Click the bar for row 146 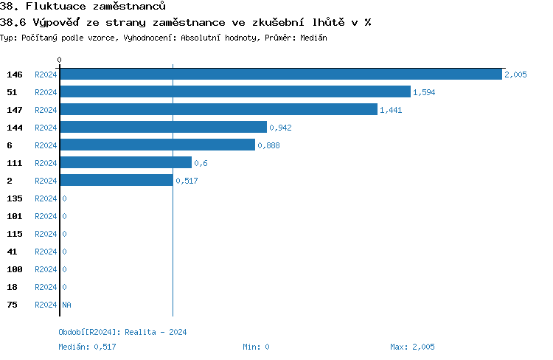280,75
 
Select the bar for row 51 234,92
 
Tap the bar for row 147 218,110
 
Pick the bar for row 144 163,128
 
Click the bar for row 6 157,145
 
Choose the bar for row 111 125,163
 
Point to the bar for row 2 116,181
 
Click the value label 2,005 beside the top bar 515,75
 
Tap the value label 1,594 424,92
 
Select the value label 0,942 280,128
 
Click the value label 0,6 201,163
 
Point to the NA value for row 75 66,305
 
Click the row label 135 14,198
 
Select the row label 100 14,269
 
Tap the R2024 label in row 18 46,287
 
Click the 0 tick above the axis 60,59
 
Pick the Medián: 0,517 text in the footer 87,347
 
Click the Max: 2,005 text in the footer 412,347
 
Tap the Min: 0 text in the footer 256,347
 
